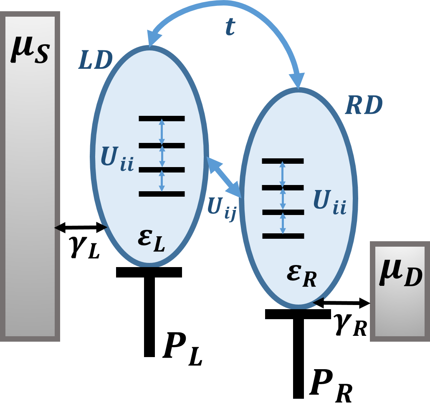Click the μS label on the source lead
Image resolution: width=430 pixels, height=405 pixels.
30,50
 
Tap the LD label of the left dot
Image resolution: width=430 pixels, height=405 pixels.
96,61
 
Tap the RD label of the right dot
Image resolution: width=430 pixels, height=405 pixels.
364,106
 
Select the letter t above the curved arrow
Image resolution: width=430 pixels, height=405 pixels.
230,27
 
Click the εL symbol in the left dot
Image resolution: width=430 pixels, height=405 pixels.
151,240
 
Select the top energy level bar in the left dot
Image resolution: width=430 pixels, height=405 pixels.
162,119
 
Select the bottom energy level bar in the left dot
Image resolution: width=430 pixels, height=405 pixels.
162,194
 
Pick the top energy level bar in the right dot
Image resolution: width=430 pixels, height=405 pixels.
283,161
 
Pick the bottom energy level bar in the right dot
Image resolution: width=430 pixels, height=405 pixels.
283,236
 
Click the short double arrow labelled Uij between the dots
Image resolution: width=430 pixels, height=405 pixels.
224,177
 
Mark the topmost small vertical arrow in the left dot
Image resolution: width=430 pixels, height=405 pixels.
162,132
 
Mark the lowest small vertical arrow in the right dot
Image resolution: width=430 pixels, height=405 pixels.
283,224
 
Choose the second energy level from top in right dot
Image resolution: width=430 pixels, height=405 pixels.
283,187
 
